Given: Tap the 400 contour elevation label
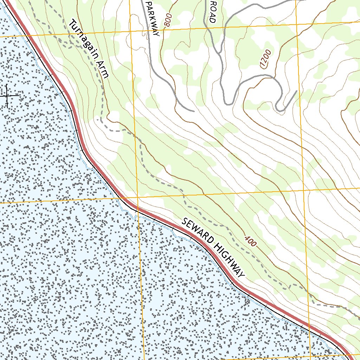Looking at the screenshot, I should (250, 241).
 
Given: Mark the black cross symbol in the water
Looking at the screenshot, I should (7, 96).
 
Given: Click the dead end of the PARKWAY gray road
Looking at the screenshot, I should (193, 111).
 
